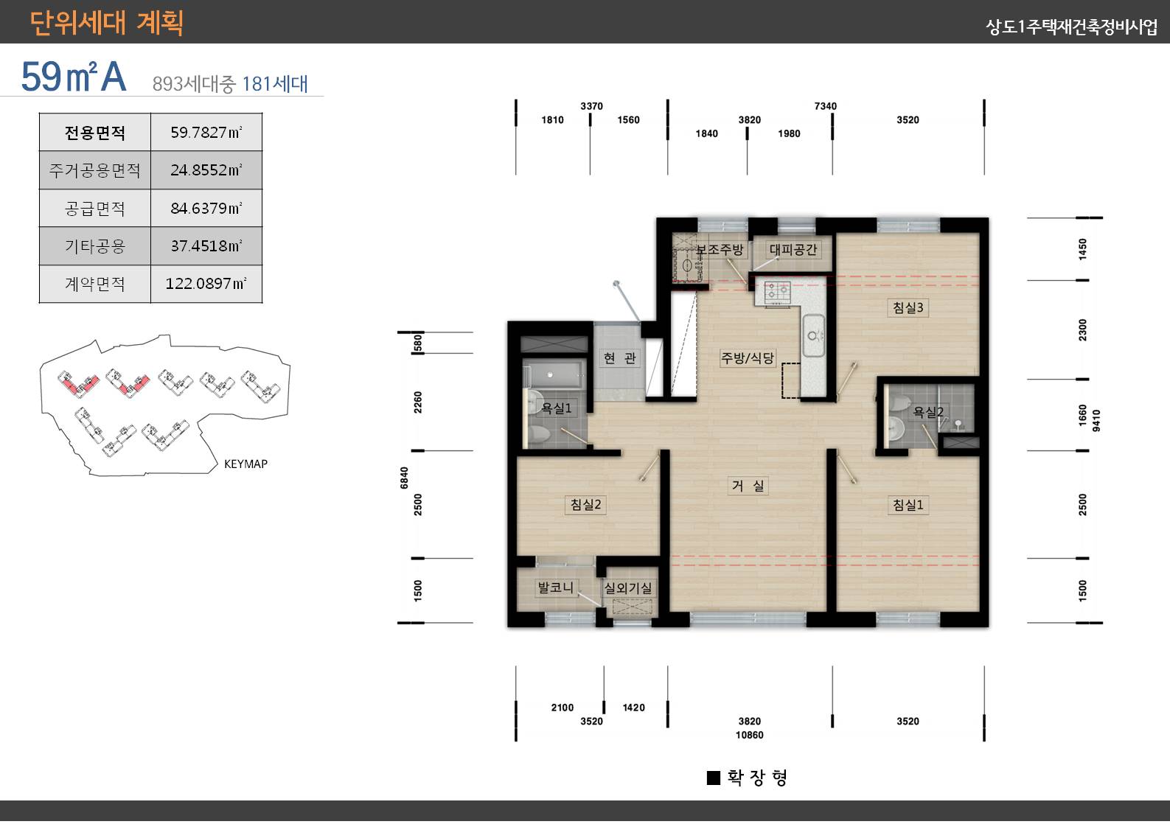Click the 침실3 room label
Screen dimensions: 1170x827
(x=908, y=307)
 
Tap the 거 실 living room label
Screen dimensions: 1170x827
(x=748, y=486)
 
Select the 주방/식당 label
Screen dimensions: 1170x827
(x=747, y=357)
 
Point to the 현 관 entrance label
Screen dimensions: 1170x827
(x=619, y=357)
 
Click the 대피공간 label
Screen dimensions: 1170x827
(x=793, y=250)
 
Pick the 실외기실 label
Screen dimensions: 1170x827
(x=628, y=588)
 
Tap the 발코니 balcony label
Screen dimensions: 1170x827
(x=556, y=587)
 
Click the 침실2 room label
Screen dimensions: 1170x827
(x=585, y=504)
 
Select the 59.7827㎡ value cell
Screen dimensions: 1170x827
(x=206, y=132)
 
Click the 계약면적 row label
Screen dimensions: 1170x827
(x=94, y=284)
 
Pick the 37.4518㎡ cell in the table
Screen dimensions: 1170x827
(x=206, y=245)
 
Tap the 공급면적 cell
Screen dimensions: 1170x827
(x=94, y=209)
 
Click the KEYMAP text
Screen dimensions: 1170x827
(x=246, y=464)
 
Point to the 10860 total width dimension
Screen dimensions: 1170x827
(x=750, y=735)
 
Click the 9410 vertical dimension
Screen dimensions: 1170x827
(x=1096, y=421)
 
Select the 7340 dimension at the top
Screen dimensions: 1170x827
(x=825, y=106)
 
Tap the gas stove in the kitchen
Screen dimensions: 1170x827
(x=777, y=293)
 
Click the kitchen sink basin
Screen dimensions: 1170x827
(x=813, y=335)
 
